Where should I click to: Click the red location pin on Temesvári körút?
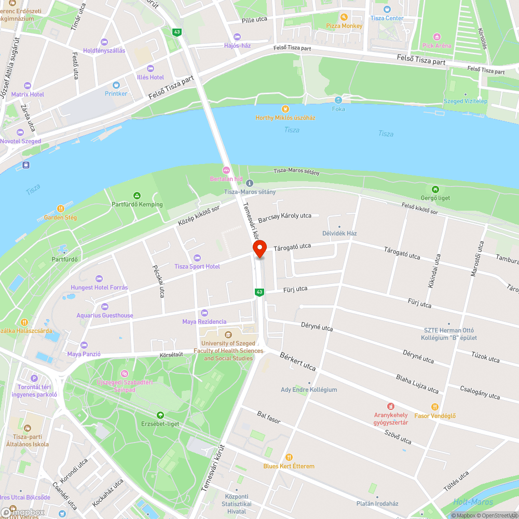pos(259,249)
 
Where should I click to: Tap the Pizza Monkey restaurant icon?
pos(343,17)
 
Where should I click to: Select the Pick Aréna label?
pos(436,45)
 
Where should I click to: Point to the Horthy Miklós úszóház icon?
pos(284,109)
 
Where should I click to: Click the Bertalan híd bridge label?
pos(226,179)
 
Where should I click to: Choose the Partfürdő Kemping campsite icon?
pos(137,196)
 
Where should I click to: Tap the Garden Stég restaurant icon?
pos(60,209)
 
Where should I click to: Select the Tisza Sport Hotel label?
pos(197,266)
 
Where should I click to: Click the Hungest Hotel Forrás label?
pos(99,288)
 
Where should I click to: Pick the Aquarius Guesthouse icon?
pos(105,307)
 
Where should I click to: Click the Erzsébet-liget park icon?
pos(160,415)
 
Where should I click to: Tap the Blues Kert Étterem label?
pos(289,466)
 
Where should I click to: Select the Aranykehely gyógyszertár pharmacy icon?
pos(391,406)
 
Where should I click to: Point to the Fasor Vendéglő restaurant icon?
pos(435,407)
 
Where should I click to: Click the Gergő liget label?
pos(435,198)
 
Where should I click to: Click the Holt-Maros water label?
pos(472,502)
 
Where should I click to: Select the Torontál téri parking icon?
pos(34,378)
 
